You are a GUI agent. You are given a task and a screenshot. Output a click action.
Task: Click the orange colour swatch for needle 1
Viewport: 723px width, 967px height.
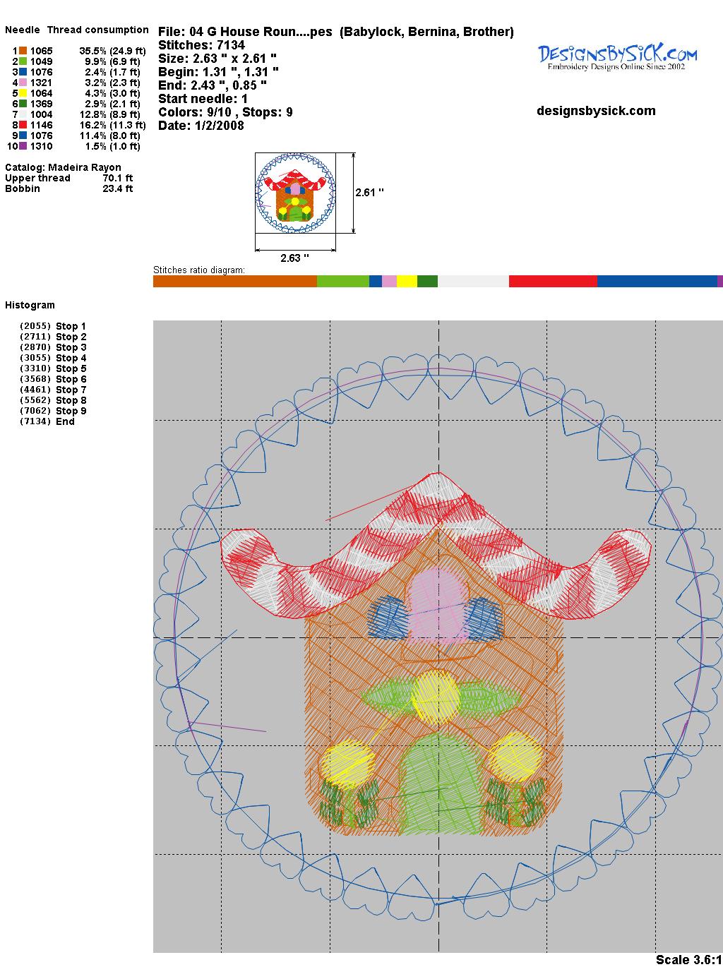[x=23, y=51]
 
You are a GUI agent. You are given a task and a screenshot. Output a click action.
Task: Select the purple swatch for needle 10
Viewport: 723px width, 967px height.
[x=23, y=146]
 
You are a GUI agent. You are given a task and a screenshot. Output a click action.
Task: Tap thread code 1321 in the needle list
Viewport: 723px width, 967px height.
[x=41, y=83]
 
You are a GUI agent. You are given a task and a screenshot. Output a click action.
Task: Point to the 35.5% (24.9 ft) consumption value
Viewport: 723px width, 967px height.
[x=112, y=51]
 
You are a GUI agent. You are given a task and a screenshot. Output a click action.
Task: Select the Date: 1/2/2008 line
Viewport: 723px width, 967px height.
[x=201, y=126]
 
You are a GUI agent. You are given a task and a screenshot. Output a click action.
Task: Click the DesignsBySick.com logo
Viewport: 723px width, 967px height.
[x=617, y=57]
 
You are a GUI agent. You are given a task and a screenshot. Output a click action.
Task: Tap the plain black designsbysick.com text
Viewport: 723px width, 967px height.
[x=596, y=111]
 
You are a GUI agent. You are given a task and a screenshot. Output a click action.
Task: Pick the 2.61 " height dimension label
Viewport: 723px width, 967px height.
[x=369, y=193]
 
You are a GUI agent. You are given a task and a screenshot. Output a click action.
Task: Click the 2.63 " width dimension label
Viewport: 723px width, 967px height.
[x=294, y=258]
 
